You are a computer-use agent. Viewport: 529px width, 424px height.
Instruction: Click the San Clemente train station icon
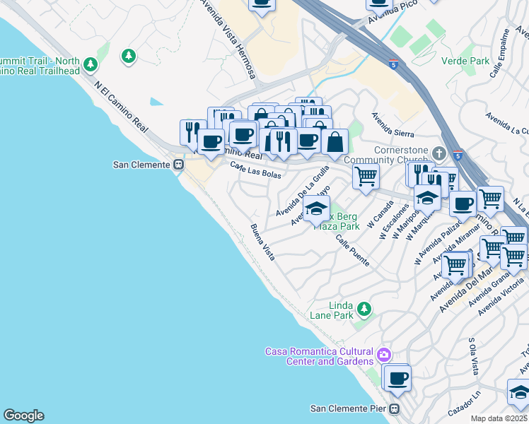179,165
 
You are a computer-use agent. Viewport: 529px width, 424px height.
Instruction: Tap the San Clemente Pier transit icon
395,408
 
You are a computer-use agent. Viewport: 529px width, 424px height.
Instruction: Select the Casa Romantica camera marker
383,354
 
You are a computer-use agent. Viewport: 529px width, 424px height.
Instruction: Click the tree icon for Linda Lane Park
364,309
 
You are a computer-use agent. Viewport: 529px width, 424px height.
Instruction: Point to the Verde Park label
465,61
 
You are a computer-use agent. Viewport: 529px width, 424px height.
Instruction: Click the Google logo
23,416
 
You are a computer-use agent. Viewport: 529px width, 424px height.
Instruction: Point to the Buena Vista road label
262,242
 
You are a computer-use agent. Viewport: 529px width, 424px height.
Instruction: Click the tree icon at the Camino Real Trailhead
90,65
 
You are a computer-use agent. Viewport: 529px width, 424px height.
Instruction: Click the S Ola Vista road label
474,356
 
